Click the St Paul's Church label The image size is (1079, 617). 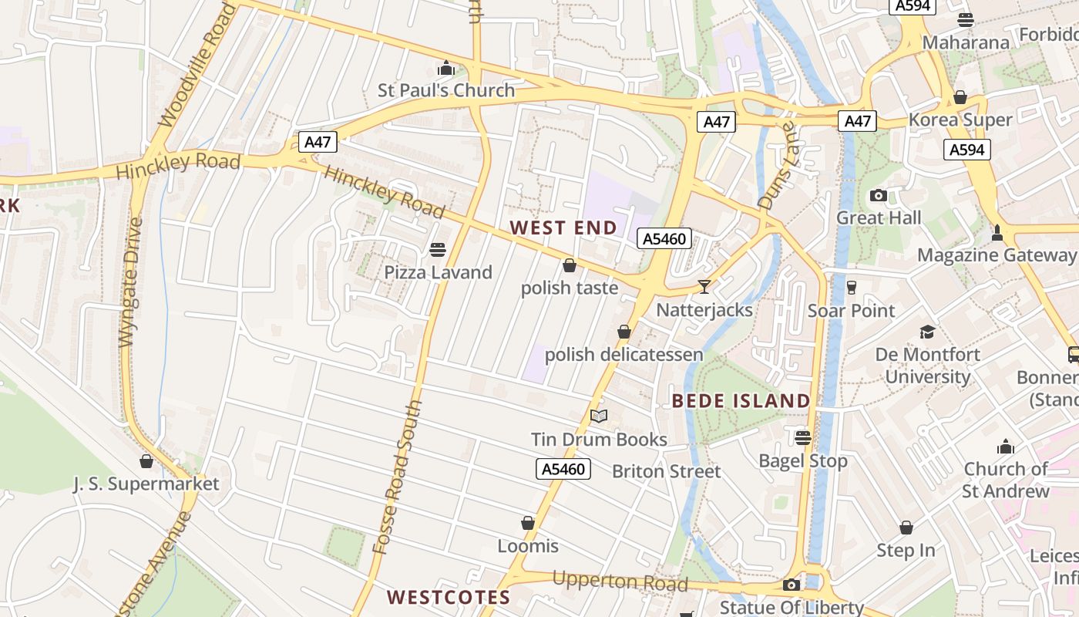click(x=445, y=90)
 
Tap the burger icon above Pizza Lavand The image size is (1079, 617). click(x=438, y=250)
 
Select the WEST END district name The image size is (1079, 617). click(x=563, y=228)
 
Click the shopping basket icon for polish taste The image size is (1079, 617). click(x=570, y=266)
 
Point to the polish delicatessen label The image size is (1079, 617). click(x=624, y=355)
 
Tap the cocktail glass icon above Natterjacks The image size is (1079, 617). click(x=704, y=287)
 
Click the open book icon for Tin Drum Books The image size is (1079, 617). click(x=599, y=416)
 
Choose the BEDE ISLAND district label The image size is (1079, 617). click(x=741, y=401)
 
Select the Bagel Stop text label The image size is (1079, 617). click(x=803, y=461)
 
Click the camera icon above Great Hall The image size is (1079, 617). click(x=878, y=196)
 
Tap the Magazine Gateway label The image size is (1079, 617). click(x=997, y=255)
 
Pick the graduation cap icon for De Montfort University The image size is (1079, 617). click(x=927, y=332)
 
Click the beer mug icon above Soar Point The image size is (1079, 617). click(x=851, y=288)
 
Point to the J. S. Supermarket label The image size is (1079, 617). click(x=146, y=484)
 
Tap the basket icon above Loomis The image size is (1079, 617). click(x=528, y=524)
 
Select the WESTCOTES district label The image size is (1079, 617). click(x=448, y=597)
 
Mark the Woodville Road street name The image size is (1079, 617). click(x=197, y=65)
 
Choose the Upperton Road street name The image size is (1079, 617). click(x=620, y=581)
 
